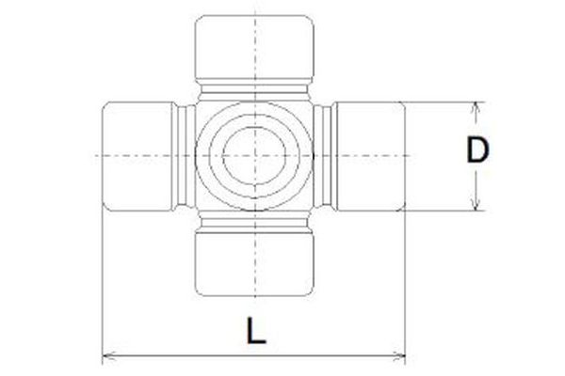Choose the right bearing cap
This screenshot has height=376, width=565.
pyautogui.click(x=370, y=154)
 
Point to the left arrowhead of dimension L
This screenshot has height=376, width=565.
pyautogui.click(x=106, y=357)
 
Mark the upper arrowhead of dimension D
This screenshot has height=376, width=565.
pyautogui.click(x=477, y=106)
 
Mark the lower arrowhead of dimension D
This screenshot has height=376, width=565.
pyautogui.click(x=477, y=205)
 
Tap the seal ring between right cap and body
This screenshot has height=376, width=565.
pyautogui.click(x=325, y=154)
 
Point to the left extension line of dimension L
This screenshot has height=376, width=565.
pyautogui.click(x=101, y=282)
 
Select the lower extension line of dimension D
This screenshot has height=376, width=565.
pyautogui.click(x=443, y=211)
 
